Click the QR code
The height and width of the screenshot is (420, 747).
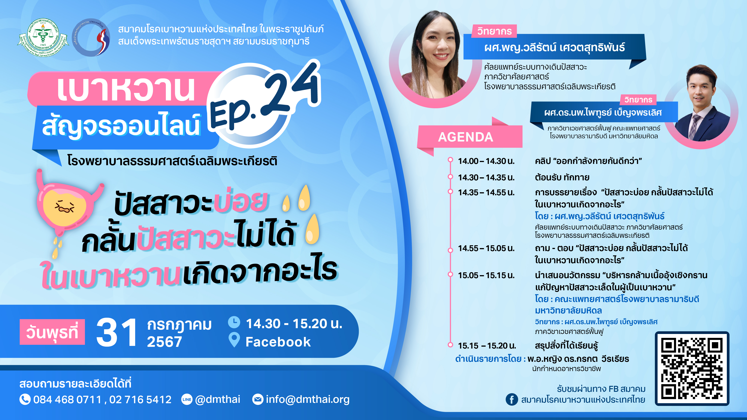(692, 368)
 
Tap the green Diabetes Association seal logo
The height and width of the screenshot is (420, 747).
(43, 38)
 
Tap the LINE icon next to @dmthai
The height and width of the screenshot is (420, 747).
(187, 399)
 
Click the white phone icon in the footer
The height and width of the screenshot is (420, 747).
(25, 399)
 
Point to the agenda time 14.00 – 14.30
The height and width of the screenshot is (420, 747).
(486, 161)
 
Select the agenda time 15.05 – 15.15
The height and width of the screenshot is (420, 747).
(486, 275)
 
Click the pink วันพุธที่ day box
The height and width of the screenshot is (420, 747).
(52, 332)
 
